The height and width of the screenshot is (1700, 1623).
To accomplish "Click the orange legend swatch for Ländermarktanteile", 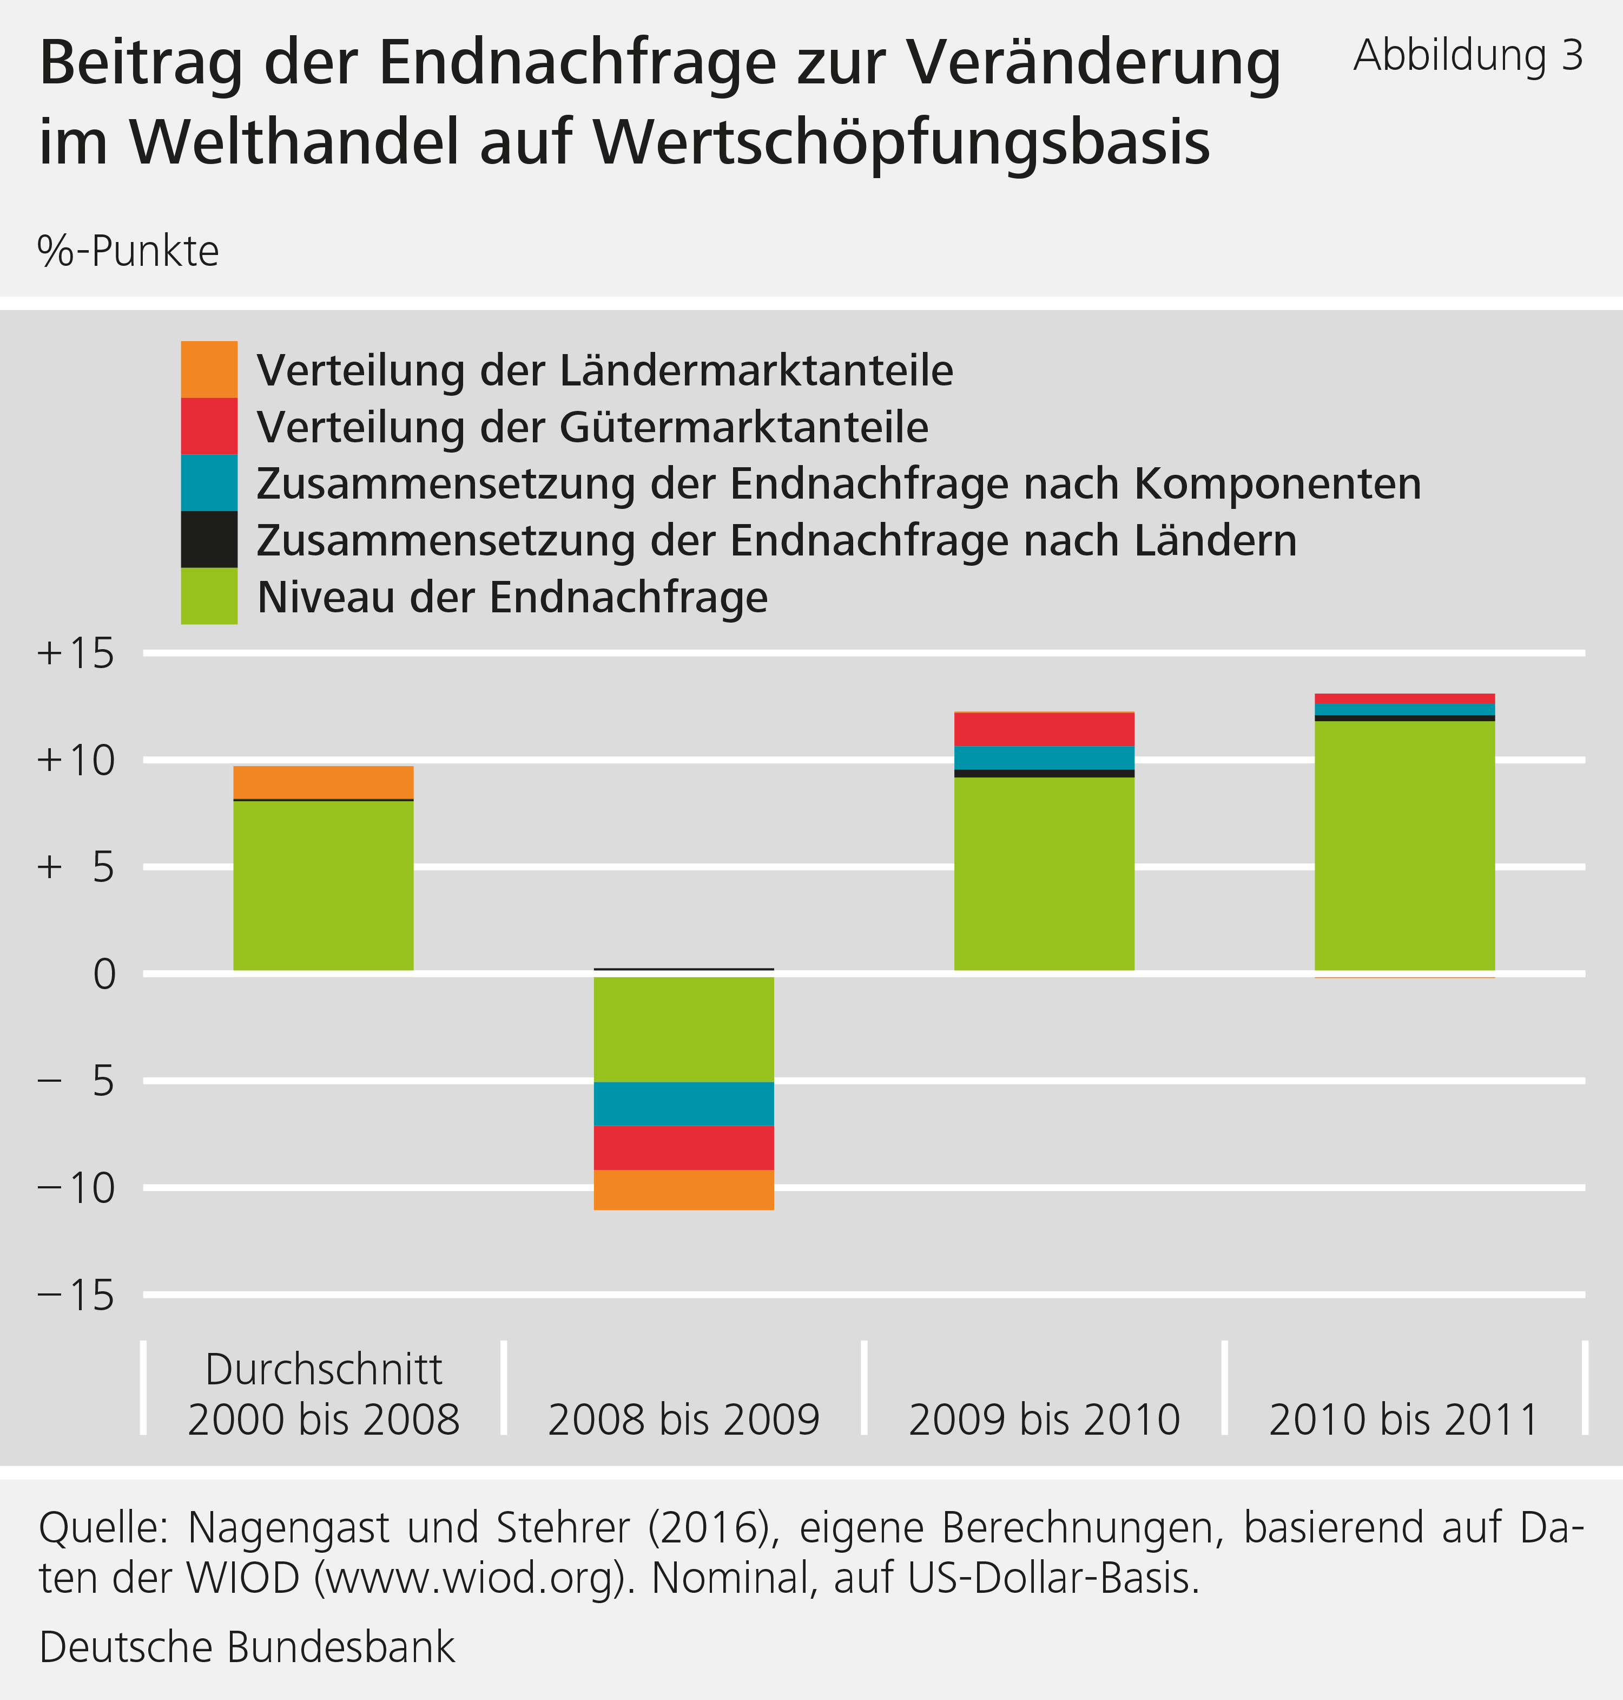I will (208, 370).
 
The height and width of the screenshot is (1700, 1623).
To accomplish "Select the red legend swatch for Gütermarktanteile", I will (208, 426).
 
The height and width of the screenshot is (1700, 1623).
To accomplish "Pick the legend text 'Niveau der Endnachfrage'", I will (512, 597).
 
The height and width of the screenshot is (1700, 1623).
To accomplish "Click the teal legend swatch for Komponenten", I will (208, 482).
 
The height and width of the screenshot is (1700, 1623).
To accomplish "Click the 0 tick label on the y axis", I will (104, 975).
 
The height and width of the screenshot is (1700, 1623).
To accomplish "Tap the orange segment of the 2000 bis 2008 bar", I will (324, 782).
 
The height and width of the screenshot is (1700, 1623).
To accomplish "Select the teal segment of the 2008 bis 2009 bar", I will (683, 1103).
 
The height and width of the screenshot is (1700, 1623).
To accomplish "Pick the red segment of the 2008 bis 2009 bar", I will (683, 1148).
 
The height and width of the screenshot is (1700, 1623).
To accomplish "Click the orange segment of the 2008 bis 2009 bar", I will (683, 1189).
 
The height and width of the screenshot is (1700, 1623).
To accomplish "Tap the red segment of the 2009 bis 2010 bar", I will (1044, 729).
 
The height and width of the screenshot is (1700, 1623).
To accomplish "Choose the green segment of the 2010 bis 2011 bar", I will (1404, 845).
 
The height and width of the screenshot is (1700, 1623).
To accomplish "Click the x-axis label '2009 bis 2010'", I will (1044, 1420).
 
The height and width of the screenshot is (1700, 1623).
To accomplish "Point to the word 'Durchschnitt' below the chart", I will (324, 1369).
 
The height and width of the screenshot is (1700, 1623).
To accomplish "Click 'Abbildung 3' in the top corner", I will (1468, 55).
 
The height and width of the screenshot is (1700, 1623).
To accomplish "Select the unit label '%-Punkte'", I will (128, 252).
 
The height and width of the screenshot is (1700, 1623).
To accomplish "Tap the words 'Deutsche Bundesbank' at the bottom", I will (247, 1647).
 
